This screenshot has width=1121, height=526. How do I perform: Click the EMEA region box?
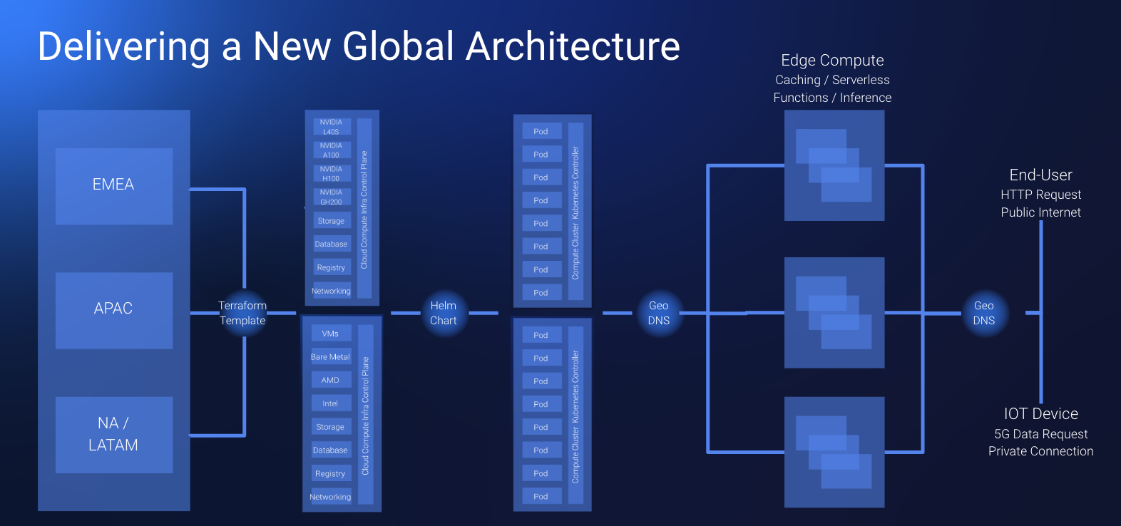coord(113,185)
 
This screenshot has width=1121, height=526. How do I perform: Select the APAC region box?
coord(113,309)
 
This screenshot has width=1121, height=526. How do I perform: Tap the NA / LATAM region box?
coord(113,434)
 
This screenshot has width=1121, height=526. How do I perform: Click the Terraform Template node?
coord(242,313)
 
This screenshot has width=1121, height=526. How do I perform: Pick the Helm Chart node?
coord(443,313)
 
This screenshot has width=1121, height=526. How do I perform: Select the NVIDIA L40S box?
coord(331,127)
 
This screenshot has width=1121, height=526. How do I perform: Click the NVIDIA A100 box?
coord(331,150)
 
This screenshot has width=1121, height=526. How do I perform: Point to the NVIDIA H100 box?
coord(331,174)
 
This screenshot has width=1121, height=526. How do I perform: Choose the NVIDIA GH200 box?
coord(331,197)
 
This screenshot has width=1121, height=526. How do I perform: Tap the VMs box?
coord(330,334)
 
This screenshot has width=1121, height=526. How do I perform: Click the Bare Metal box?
coord(330,357)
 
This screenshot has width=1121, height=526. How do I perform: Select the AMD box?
coord(330,381)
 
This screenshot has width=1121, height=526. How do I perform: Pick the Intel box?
coord(330,403)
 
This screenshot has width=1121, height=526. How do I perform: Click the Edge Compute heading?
coord(832,61)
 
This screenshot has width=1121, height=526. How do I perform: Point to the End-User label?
coord(1040,175)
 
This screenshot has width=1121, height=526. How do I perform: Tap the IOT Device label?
coord(1040,414)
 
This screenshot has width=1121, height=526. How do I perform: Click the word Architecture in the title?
coord(573,47)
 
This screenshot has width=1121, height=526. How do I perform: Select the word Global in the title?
coord(398,47)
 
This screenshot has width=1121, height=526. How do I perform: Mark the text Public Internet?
coord(1040,212)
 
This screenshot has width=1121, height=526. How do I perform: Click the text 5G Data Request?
coord(1040,434)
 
